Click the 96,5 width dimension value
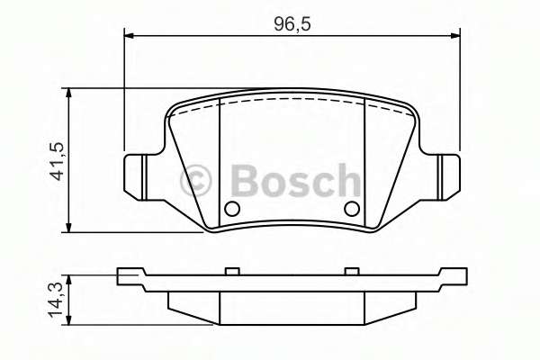coord(292,24)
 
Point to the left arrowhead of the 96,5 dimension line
coord(129,36)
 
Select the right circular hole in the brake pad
coord(352,210)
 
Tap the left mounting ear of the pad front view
coord(136,175)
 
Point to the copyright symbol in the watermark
coord(195,180)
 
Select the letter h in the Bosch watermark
coord(346,180)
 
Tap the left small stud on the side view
coord(230,271)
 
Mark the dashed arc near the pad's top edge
coord(292,100)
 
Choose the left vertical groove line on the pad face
coord(220,162)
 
